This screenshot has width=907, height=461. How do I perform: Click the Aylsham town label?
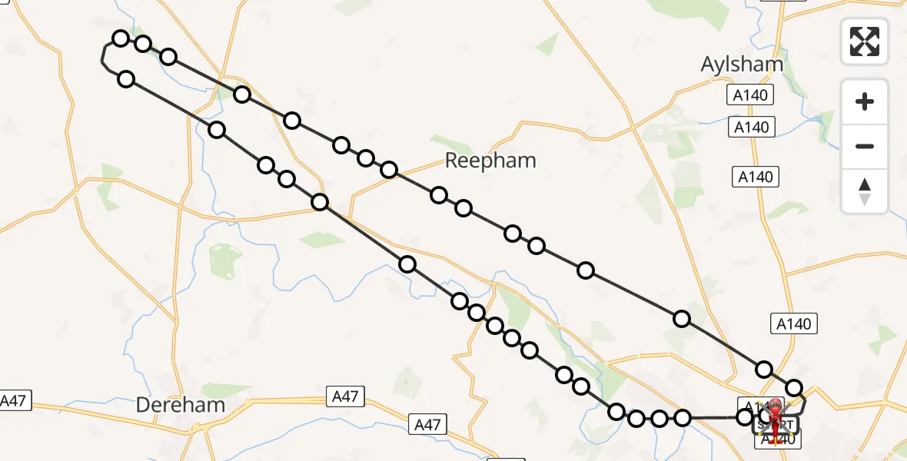pos(742,65)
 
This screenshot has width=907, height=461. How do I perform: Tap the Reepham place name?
pos(490,161)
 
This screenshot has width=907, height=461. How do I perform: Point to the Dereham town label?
pos(181,405)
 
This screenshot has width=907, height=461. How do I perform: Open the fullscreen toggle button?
pos(865,41)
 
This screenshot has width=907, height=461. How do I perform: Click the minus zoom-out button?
pos(865,146)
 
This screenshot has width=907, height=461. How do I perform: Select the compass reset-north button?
pos(865,191)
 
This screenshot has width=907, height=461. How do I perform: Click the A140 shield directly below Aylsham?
pos(750,95)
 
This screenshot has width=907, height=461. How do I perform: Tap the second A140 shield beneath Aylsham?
pos(751,128)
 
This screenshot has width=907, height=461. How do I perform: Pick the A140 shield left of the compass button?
pos(755,177)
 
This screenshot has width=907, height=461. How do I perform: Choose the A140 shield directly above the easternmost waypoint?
pos(793,324)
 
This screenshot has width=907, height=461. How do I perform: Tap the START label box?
pos(776,425)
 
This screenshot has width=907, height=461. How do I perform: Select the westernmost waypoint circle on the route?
pos(121,38)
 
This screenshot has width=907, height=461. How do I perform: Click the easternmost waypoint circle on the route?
pos(794,389)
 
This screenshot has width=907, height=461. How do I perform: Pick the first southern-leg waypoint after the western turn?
pos(127,79)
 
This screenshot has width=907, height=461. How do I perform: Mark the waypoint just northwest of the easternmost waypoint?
pos(764,370)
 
